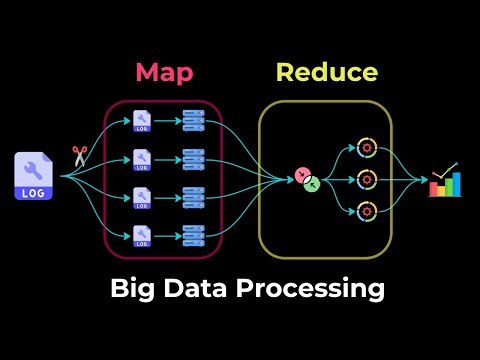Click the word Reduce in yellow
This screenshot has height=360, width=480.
327,72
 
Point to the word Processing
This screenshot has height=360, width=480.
315,289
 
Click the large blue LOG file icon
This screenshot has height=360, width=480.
33,176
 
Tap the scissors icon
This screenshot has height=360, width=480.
80,157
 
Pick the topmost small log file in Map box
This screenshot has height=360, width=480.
142,120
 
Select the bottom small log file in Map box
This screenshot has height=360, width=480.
142,235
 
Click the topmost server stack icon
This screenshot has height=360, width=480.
193,120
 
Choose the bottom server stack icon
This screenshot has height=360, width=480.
193,235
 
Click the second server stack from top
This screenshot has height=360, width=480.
193,158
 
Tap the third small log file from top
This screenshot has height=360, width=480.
142,197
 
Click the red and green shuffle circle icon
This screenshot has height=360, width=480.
309,180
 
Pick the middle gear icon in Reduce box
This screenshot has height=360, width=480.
366,180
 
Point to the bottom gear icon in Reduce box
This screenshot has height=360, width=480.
366,212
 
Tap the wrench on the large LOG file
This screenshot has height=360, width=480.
33,167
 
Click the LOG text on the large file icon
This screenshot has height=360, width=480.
33,192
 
